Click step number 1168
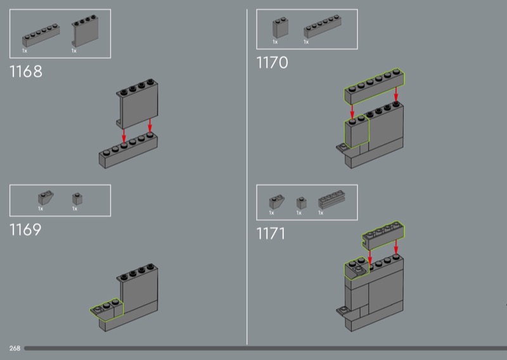[27, 72]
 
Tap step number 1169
[26, 230]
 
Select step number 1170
[273, 63]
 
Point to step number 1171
[271, 234]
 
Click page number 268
[15, 349]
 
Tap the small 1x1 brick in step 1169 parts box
[76, 198]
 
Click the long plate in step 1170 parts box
[323, 29]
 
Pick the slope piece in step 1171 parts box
[278, 202]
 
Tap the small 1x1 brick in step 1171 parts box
[301, 202]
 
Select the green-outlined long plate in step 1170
[374, 87]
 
